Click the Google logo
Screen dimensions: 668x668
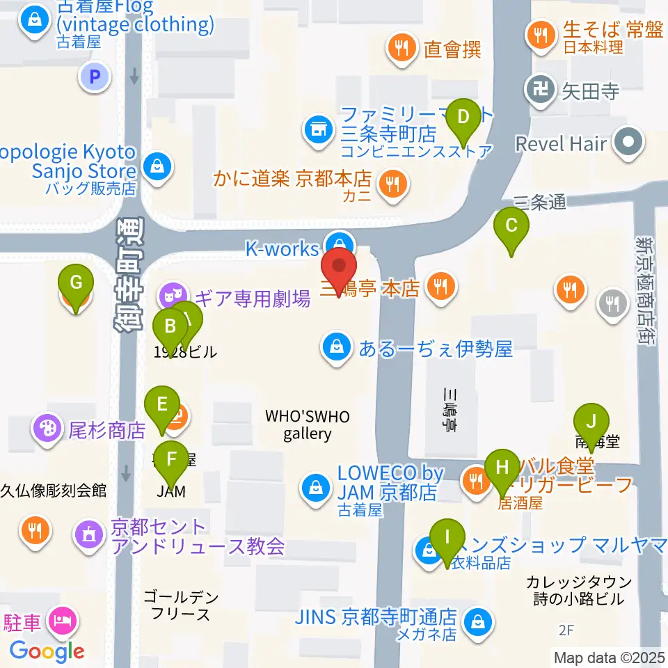pyautogui.click(x=47, y=651)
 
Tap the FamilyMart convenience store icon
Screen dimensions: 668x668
pyautogui.click(x=317, y=129)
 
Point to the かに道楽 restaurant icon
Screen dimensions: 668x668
pyautogui.click(x=392, y=183)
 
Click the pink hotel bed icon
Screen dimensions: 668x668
pyautogui.click(x=63, y=618)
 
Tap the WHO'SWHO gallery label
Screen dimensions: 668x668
pyautogui.click(x=307, y=424)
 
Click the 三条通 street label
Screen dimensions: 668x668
pyautogui.click(x=539, y=202)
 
